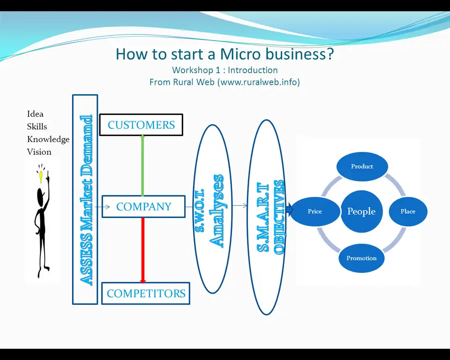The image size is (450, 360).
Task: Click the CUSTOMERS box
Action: (x=141, y=125)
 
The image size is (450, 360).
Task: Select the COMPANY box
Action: (x=143, y=207)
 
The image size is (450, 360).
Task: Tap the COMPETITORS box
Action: (x=146, y=293)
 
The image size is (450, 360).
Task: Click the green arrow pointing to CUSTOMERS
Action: (x=142, y=164)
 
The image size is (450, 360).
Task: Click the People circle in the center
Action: (x=361, y=211)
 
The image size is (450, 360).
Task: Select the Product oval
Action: (x=362, y=166)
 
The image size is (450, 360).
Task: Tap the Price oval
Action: (x=315, y=211)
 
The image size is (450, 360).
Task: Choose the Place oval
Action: (x=408, y=211)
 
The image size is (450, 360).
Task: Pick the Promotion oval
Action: (x=361, y=258)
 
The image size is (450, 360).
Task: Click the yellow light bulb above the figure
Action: (x=42, y=176)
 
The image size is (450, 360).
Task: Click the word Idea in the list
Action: (x=35, y=114)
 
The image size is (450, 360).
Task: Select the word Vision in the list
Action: (x=39, y=152)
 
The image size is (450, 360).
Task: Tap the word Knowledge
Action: (x=48, y=139)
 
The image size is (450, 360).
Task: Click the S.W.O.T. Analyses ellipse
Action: (x=213, y=209)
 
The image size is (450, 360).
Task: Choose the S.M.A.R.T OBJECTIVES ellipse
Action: (x=266, y=217)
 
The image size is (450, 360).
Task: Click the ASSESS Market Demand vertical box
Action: (x=85, y=199)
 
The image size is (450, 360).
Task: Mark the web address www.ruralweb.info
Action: (x=255, y=82)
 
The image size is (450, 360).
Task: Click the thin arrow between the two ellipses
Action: (x=240, y=206)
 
